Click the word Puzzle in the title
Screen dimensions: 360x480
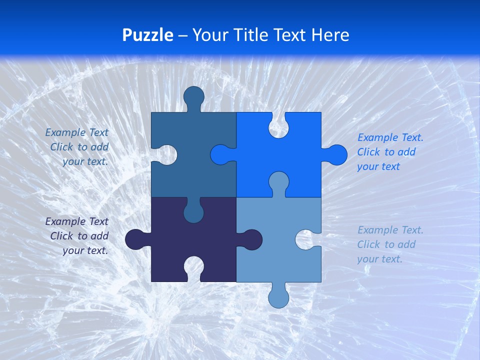pyautogui.click(x=148, y=35)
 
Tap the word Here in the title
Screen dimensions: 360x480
pyautogui.click(x=330, y=35)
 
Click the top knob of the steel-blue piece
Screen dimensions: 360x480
pyautogui.click(x=194, y=96)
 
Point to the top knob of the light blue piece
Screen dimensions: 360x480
pyautogui.click(x=278, y=181)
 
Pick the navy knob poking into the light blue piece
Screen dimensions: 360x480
pyautogui.click(x=252, y=239)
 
